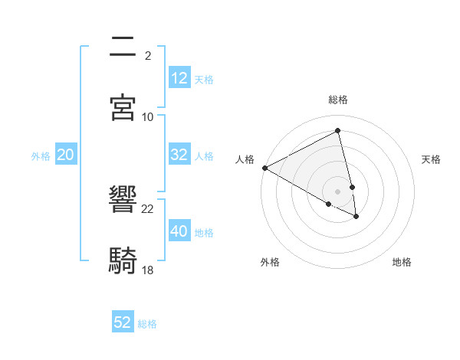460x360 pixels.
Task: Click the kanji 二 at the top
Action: tap(123, 47)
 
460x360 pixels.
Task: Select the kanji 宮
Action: tap(123, 108)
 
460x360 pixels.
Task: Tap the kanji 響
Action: tap(123, 201)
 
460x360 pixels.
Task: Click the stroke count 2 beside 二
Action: tap(148, 55)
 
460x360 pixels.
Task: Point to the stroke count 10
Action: tap(148, 116)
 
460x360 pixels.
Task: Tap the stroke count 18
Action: tap(148, 270)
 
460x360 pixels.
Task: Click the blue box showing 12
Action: tap(179, 78)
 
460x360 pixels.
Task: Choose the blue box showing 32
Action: tap(179, 155)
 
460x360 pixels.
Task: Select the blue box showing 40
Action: tap(179, 231)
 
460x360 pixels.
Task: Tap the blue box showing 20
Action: tap(65, 155)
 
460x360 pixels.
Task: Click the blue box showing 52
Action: tap(123, 322)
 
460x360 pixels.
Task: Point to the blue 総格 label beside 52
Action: tap(147, 324)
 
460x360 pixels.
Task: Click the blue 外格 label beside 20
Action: tap(41, 156)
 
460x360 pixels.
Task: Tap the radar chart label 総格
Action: tap(338, 100)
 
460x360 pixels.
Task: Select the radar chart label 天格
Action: tap(432, 159)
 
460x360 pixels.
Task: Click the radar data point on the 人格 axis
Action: tap(264, 168)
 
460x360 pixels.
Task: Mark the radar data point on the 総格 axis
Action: tap(338, 131)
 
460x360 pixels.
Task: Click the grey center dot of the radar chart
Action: tap(338, 191)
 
